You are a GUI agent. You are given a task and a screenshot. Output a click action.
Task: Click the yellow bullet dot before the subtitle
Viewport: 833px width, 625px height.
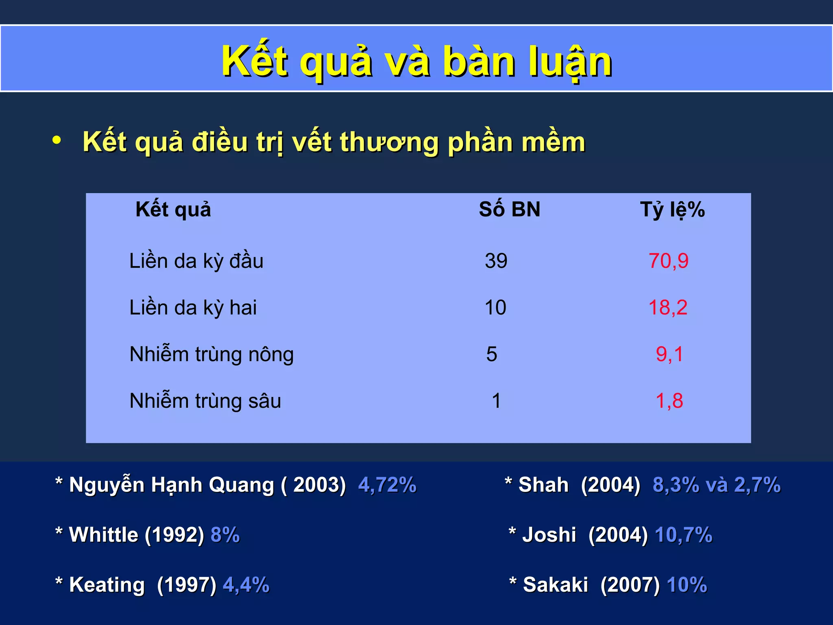click(57, 140)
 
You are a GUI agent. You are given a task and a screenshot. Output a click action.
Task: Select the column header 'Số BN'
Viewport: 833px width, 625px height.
click(509, 210)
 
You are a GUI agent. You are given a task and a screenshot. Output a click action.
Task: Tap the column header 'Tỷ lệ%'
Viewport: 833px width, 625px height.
click(672, 210)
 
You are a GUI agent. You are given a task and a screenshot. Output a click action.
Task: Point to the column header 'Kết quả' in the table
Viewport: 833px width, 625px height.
click(173, 210)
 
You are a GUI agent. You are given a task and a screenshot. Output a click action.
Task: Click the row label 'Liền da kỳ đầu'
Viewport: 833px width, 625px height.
click(196, 261)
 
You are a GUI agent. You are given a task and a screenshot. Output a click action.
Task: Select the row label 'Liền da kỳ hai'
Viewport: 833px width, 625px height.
click(193, 308)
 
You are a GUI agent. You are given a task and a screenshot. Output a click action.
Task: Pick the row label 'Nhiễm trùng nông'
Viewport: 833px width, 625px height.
click(212, 354)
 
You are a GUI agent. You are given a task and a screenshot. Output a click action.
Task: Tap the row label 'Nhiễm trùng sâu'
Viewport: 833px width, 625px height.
click(205, 401)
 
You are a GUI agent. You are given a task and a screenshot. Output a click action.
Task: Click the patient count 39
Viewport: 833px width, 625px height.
click(496, 261)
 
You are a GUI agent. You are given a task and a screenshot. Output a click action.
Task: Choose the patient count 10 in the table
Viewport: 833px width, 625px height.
click(495, 308)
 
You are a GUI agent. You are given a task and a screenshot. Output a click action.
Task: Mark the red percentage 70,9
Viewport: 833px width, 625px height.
click(668, 261)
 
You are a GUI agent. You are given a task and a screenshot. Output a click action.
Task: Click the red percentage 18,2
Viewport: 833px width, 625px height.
click(668, 308)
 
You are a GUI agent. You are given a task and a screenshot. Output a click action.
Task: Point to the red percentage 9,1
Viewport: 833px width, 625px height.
click(669, 354)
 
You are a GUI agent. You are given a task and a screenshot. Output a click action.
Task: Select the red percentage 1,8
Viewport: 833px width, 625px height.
click(669, 401)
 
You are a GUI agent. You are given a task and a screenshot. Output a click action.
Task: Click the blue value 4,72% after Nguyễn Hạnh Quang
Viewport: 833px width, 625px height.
click(387, 485)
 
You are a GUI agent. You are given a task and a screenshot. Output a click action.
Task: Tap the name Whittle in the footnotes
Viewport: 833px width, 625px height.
click(104, 535)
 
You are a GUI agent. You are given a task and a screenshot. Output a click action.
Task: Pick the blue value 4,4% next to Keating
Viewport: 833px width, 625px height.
click(246, 585)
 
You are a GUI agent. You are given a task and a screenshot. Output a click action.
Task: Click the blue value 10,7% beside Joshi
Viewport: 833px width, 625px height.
click(683, 535)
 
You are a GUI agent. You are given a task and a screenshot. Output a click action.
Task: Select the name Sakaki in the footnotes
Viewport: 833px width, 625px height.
click(555, 585)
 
